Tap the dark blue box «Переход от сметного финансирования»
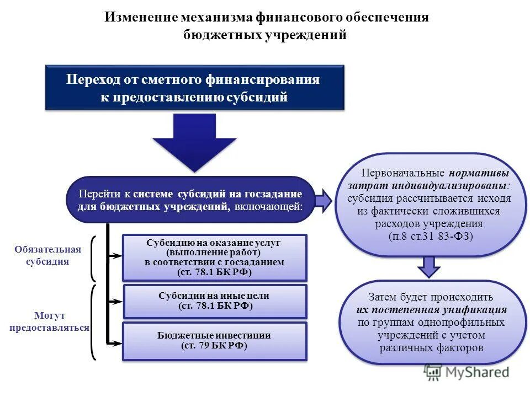click(x=194, y=88)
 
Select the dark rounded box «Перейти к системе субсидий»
click(x=190, y=200)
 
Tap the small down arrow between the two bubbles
click(x=428, y=266)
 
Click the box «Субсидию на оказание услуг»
click(x=214, y=257)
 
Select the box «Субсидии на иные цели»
click(x=214, y=301)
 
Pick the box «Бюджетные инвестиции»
click(x=214, y=341)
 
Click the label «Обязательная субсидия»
click(x=47, y=255)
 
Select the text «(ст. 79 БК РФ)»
click(x=214, y=346)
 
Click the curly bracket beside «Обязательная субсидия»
click(x=93, y=258)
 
